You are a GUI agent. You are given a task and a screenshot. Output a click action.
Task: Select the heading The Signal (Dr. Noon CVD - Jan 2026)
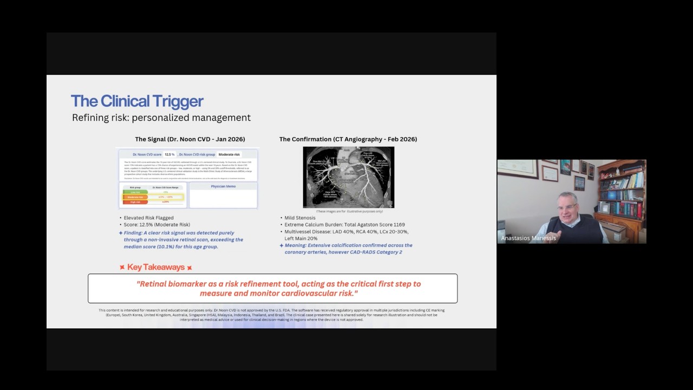tap(189, 139)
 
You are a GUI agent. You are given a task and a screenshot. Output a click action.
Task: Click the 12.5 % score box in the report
tap(169, 154)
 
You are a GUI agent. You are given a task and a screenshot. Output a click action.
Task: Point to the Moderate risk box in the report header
tap(229, 154)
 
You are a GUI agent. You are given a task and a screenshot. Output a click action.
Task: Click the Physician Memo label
tap(223, 186)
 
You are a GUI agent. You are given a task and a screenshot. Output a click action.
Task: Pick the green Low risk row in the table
tap(135, 192)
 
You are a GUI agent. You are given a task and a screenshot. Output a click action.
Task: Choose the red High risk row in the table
tap(135, 201)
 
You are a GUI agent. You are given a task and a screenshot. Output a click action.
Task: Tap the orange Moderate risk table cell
tap(135, 197)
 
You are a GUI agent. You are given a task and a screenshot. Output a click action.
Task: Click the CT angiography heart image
tap(348, 177)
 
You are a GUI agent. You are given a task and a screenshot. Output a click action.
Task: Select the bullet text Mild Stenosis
tap(300, 218)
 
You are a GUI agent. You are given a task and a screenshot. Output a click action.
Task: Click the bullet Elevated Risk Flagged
tap(148, 218)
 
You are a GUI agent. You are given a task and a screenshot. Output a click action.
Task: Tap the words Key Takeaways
tap(156, 268)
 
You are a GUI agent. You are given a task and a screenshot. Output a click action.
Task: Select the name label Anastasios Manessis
tap(528, 238)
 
